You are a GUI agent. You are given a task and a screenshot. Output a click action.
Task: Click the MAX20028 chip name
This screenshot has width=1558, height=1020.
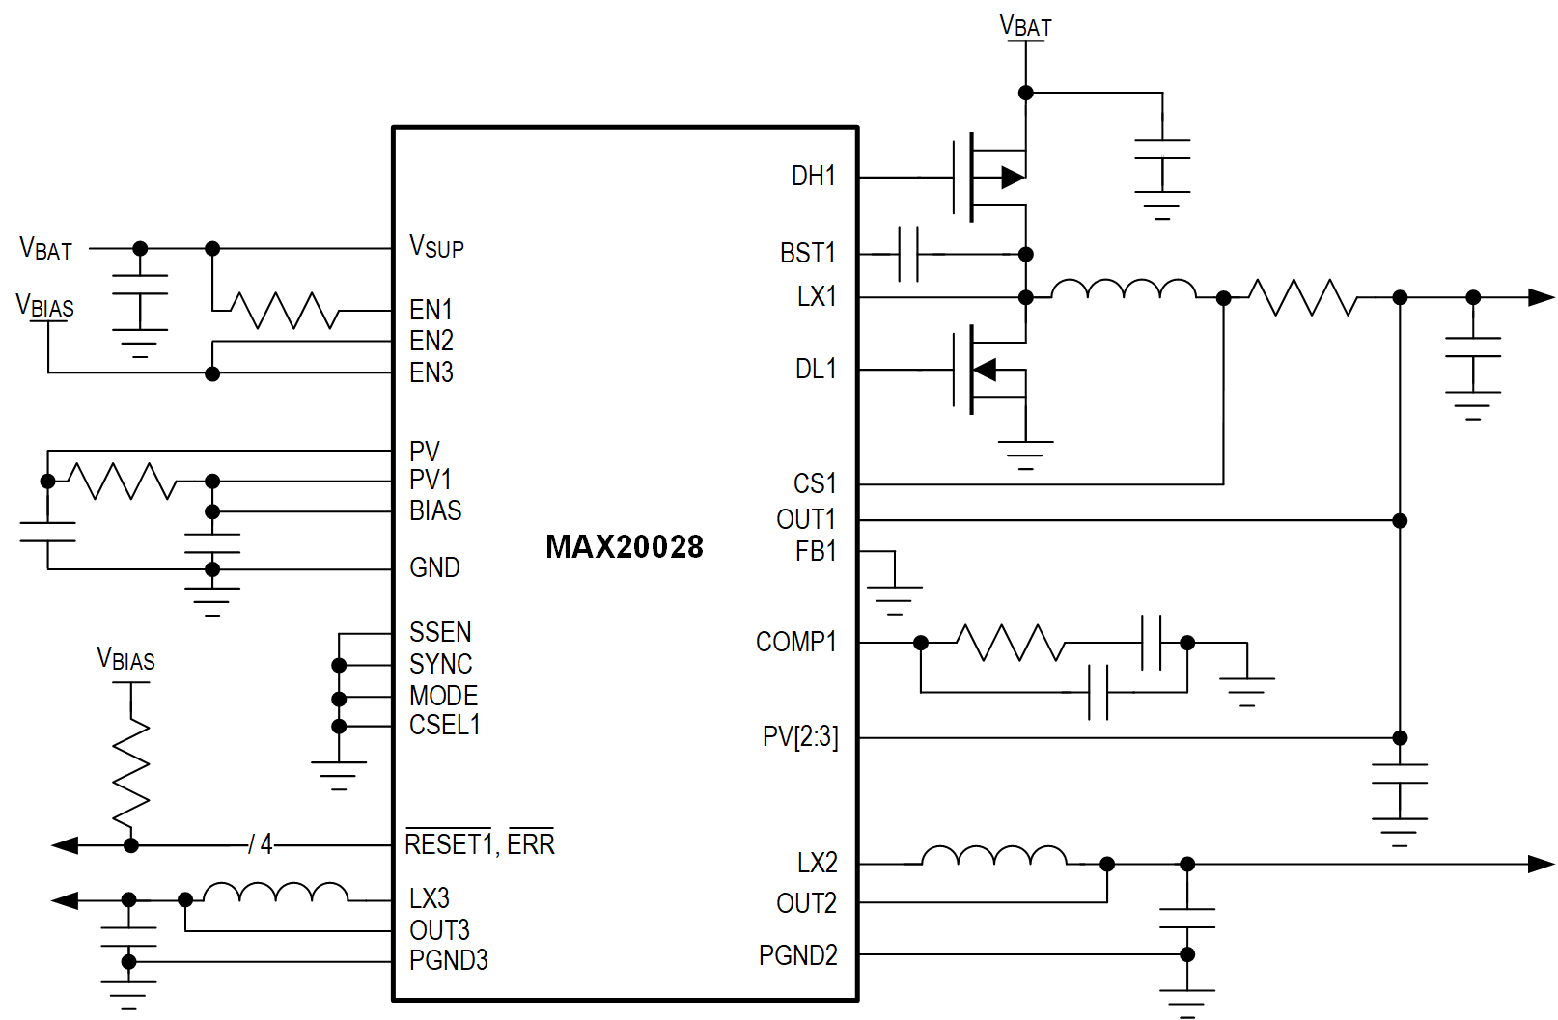(624, 547)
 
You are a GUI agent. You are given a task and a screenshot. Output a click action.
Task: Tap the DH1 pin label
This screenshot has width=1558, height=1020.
(813, 177)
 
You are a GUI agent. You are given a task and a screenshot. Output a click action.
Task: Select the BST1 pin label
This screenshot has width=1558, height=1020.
(807, 254)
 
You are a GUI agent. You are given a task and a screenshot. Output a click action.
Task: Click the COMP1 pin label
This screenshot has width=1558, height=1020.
(795, 642)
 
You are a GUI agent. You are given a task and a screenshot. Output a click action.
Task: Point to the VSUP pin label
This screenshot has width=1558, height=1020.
(436, 247)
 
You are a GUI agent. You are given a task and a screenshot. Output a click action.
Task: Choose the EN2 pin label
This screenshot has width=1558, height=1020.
(431, 341)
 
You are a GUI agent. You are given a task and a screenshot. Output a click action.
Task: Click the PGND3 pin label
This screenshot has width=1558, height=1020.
(448, 960)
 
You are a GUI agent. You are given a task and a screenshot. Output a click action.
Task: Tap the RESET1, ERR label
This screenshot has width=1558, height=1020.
(479, 844)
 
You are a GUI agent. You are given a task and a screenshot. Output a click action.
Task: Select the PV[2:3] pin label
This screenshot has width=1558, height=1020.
(799, 737)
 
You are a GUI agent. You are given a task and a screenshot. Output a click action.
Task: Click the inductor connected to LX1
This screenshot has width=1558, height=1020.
(1123, 289)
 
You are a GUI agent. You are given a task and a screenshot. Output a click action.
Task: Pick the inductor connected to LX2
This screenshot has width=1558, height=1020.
(993, 856)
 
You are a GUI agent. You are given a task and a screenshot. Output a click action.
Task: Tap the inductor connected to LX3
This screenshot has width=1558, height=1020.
(276, 892)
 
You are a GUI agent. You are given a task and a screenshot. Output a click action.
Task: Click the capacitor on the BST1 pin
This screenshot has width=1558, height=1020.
(908, 254)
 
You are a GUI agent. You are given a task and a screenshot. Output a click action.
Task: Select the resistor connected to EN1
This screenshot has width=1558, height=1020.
(285, 311)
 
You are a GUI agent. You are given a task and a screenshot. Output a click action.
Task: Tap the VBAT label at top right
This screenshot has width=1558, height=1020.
(1025, 26)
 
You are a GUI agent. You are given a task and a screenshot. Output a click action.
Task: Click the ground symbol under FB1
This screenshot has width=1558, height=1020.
(895, 598)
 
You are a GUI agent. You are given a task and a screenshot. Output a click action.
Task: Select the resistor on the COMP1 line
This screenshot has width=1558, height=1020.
(1011, 643)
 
